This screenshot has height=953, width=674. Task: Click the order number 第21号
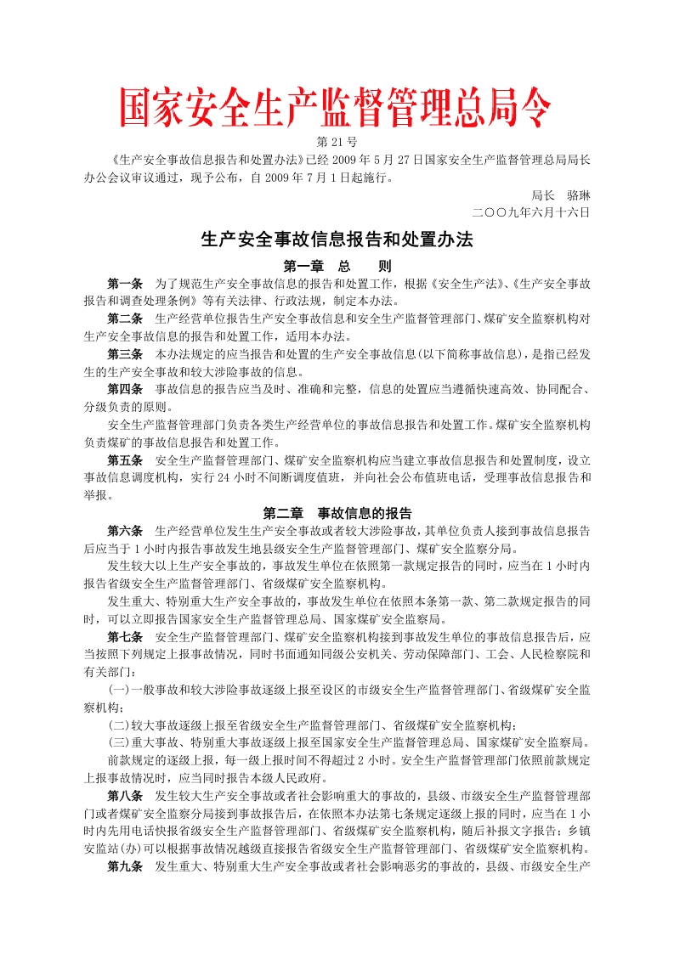coord(337,141)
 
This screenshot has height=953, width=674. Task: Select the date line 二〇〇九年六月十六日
coord(531,211)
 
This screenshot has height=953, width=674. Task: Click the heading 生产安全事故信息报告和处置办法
coord(337,240)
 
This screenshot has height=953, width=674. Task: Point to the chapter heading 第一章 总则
coord(337,266)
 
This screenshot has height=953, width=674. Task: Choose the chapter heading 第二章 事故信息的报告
coord(337,513)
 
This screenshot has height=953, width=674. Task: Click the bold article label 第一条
coord(125,283)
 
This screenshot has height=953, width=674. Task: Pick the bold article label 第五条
coord(125,460)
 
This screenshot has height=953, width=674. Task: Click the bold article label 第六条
coord(125,531)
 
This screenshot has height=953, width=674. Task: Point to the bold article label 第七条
coord(125,636)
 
